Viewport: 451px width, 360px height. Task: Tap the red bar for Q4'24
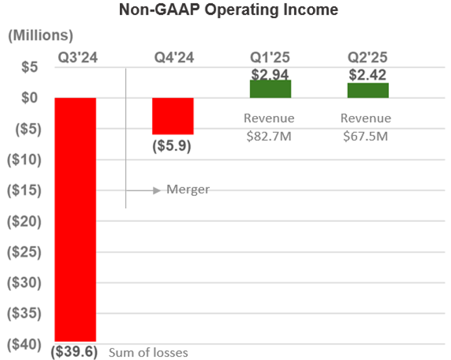(172, 116)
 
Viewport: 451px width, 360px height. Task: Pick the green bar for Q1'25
(270, 90)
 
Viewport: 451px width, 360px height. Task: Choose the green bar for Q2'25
(368, 91)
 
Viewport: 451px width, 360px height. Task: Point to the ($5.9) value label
(172, 146)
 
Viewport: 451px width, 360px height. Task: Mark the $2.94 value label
(270, 74)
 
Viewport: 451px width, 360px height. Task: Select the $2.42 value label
(368, 75)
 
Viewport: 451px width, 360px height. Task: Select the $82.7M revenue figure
(269, 136)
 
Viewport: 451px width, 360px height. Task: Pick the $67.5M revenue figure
(366, 136)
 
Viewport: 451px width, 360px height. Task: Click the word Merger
(188, 189)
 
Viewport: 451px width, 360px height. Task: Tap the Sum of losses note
(148, 353)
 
